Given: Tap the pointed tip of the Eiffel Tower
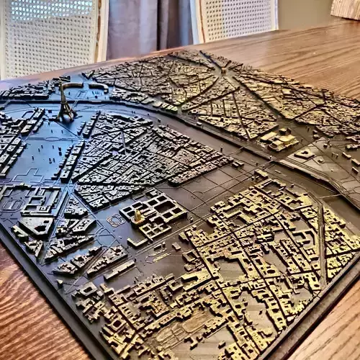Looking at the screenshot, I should pyautogui.click(x=63, y=86).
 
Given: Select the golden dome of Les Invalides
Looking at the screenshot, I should pyautogui.click(x=138, y=215).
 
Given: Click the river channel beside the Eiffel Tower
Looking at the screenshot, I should pyautogui.click(x=108, y=108).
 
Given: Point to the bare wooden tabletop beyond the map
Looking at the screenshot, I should pyautogui.click(x=317, y=43).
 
